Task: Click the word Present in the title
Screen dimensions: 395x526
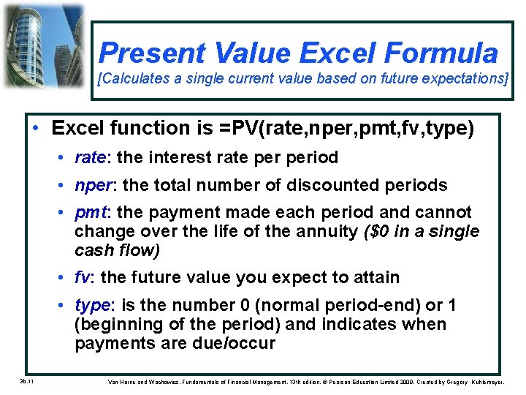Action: coord(153,53)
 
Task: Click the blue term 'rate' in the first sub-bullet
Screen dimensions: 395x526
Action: coord(90,157)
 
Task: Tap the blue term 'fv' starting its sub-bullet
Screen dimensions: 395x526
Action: coord(83,277)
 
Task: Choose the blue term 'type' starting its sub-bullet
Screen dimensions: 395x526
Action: coord(92,305)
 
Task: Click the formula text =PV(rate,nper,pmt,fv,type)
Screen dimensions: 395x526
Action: coord(343,128)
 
